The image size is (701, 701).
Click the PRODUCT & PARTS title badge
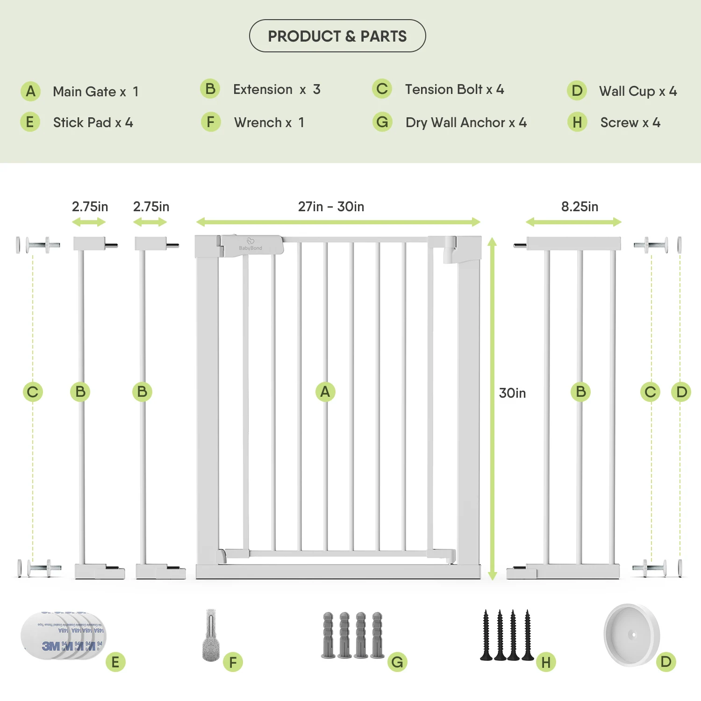(x=337, y=36)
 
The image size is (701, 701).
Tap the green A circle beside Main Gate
(x=30, y=91)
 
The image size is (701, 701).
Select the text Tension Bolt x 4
(x=454, y=89)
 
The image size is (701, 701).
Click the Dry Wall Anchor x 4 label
(x=466, y=122)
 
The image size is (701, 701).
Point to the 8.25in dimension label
(x=579, y=207)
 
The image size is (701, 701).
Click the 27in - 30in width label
(x=331, y=207)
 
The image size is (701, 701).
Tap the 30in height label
(x=512, y=393)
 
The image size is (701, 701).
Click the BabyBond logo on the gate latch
(x=250, y=245)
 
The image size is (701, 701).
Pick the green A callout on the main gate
(x=325, y=392)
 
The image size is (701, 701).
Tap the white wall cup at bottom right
(x=631, y=635)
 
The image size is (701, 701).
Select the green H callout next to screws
(x=546, y=662)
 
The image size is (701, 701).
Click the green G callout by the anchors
(x=397, y=662)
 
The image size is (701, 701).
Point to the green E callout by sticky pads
(x=115, y=662)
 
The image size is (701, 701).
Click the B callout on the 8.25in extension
(x=581, y=392)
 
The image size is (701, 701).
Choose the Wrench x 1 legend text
(x=269, y=122)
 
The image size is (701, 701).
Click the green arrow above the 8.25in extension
(x=573, y=222)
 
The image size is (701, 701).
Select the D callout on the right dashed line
(x=681, y=392)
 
